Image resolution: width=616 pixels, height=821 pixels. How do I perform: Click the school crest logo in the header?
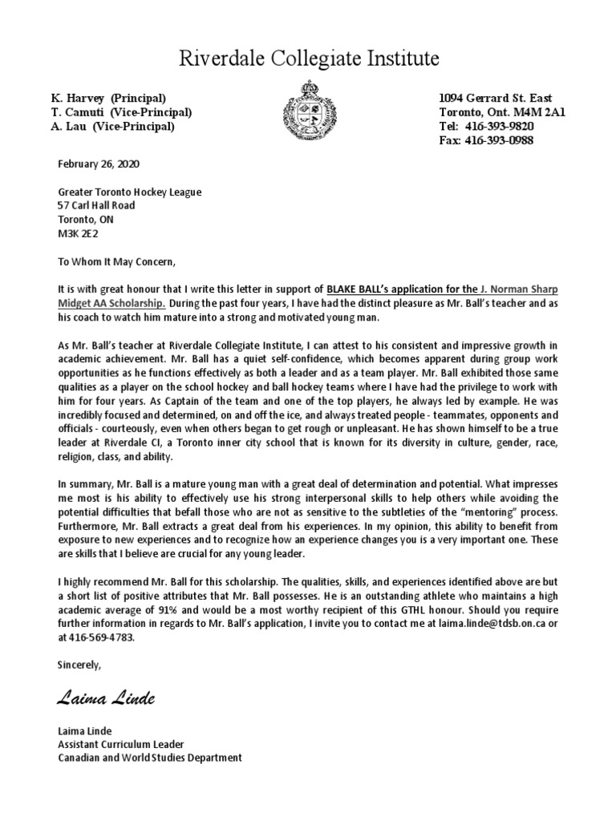308,110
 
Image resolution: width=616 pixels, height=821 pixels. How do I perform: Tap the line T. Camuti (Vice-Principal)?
121,112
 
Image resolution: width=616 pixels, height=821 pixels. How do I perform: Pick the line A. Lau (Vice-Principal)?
113,127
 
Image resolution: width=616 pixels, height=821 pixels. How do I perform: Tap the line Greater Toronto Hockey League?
130,192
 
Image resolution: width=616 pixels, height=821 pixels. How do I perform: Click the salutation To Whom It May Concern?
115,260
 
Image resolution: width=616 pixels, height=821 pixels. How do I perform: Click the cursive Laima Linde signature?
106,699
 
